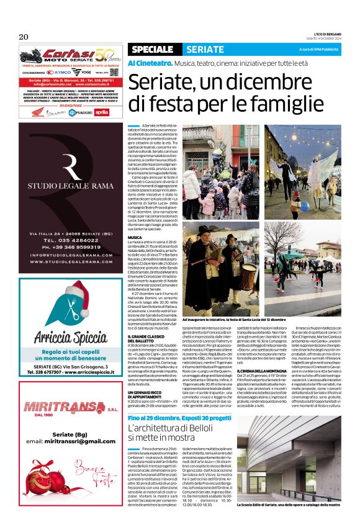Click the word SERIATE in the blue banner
click(205, 49)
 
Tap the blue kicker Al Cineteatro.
click(150, 63)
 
